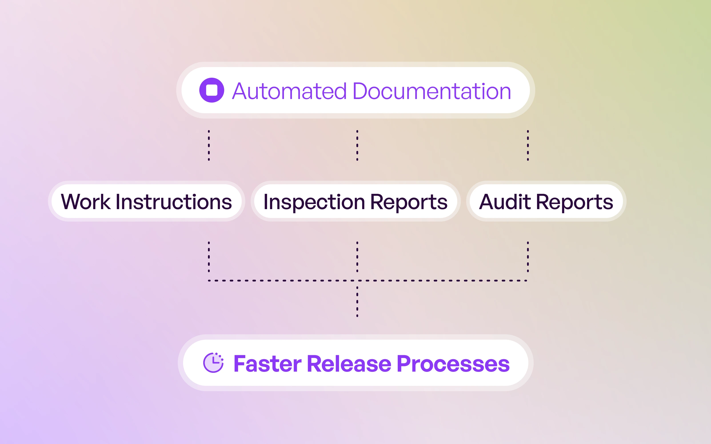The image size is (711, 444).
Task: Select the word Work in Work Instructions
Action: pyautogui.click(x=86, y=202)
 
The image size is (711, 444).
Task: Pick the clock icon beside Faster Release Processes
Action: pyautogui.click(x=213, y=363)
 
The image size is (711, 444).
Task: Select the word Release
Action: pyautogui.click(x=349, y=364)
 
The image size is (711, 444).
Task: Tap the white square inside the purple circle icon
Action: pyautogui.click(x=212, y=90)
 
